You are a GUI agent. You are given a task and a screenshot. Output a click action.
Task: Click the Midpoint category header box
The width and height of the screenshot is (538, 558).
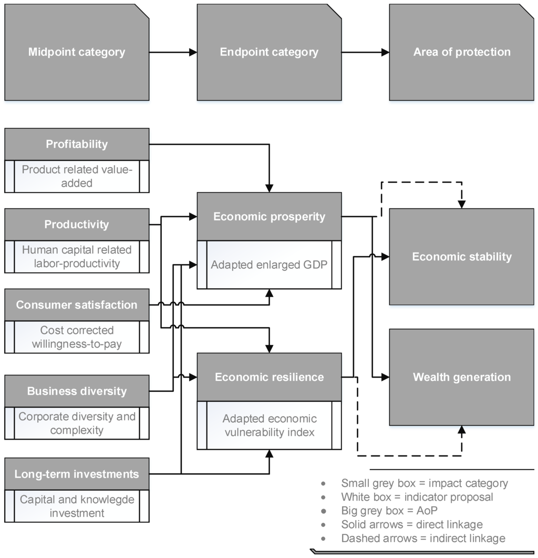77,52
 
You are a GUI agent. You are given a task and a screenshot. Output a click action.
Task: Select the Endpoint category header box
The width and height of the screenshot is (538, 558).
269,52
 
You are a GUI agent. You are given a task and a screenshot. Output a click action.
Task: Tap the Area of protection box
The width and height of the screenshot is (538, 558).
461,52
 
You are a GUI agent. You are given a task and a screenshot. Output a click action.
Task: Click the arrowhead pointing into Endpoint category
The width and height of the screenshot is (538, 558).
193,52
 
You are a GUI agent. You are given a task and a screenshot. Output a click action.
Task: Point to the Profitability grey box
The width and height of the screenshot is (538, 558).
77,144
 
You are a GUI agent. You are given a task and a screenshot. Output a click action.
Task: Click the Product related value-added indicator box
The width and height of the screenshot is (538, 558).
77,176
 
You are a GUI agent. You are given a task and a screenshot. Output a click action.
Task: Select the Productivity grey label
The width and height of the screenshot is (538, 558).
77,225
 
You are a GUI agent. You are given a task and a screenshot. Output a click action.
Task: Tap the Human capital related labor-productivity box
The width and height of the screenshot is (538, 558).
77,257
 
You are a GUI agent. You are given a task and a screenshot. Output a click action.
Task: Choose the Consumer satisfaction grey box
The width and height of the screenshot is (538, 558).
77,305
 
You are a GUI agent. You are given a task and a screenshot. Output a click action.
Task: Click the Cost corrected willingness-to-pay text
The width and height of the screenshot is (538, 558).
77,337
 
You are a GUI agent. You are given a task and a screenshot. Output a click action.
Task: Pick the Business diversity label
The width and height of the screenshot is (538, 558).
77,391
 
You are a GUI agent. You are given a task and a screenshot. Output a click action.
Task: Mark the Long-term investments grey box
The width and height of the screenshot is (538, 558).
77,474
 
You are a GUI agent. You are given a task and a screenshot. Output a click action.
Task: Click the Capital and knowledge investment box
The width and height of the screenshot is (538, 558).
77,506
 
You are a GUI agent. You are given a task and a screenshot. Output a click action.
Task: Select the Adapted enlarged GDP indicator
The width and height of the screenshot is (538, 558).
269,265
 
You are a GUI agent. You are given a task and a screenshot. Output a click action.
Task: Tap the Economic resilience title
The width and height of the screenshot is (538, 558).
269,377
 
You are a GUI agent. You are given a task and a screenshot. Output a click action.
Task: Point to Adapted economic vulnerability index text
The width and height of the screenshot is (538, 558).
269,425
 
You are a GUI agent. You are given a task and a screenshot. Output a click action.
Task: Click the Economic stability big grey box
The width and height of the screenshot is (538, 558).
461,257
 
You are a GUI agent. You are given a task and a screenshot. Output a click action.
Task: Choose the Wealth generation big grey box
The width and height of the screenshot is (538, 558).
461,377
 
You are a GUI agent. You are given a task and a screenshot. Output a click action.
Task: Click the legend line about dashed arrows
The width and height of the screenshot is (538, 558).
423,538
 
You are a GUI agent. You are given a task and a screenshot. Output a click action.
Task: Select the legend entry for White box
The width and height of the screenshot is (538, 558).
417,496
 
